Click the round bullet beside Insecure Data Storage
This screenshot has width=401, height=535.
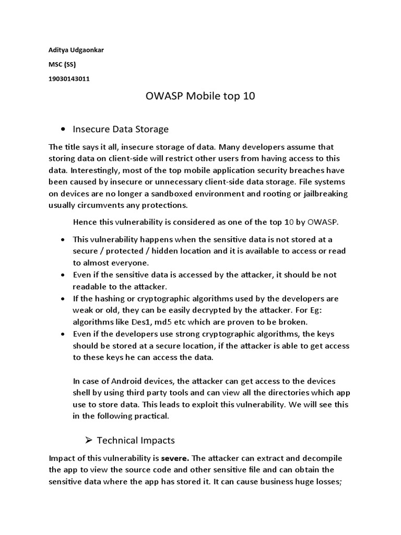(x=63, y=129)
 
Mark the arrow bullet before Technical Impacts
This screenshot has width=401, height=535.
(x=88, y=440)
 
